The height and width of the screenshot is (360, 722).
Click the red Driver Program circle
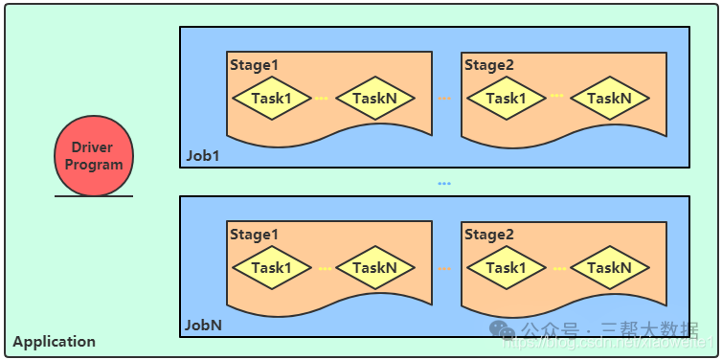click(94, 156)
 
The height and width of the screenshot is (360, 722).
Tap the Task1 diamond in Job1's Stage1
click(271, 98)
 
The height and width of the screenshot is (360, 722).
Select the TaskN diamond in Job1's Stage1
click(374, 98)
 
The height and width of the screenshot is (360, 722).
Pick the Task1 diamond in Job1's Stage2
click(506, 98)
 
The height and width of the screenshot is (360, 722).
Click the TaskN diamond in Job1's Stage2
click(609, 98)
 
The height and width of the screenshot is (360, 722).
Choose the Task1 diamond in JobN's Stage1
click(271, 267)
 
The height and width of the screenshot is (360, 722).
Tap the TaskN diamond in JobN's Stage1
click(374, 267)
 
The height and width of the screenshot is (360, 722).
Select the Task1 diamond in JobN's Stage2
click(506, 267)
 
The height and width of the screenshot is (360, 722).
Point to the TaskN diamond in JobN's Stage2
click(609, 267)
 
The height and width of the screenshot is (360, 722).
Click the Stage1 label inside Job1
click(254, 64)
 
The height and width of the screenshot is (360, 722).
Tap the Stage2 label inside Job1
click(489, 64)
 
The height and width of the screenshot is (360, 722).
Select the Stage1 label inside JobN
click(254, 234)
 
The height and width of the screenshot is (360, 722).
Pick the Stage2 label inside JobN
click(489, 234)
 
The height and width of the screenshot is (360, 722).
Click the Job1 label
click(203, 155)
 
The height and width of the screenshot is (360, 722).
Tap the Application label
click(54, 341)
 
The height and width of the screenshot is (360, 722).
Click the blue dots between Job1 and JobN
click(443, 183)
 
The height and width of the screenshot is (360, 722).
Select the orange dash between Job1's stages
click(443, 98)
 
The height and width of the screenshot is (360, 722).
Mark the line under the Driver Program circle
click(94, 196)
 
